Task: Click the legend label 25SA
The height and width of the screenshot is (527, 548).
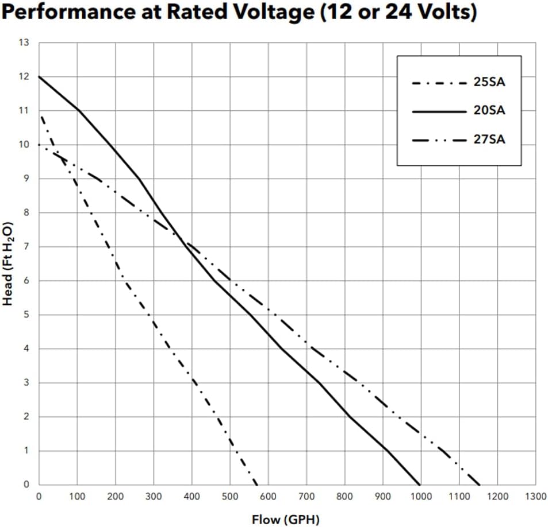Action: (x=489, y=82)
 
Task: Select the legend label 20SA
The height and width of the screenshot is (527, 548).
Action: (x=489, y=111)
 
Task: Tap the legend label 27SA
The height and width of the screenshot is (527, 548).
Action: (x=489, y=139)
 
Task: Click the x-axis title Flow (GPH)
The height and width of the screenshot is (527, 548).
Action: (x=285, y=520)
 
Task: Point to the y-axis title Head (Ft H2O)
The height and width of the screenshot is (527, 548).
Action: (x=8, y=263)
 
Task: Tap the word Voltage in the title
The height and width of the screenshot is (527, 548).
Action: (x=263, y=13)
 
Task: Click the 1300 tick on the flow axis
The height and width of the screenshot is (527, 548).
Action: (x=536, y=496)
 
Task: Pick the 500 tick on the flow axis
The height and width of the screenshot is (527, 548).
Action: (x=230, y=496)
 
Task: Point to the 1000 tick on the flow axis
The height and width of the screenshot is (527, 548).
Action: (x=421, y=496)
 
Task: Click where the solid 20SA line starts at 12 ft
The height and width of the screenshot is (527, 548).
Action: (x=39, y=76)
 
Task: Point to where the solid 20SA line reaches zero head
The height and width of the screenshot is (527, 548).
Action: (x=420, y=485)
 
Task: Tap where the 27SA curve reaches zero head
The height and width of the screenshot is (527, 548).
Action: (x=480, y=485)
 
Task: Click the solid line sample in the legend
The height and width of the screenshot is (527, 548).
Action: (x=438, y=111)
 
